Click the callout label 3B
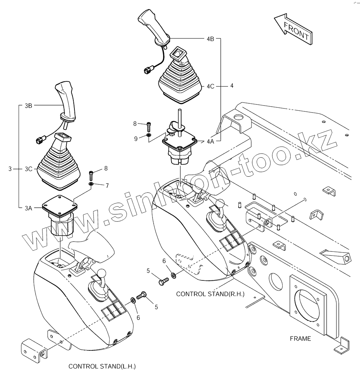(x=29, y=106)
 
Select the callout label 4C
(x=210, y=87)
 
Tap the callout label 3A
(x=29, y=208)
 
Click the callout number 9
(x=135, y=139)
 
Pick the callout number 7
(x=107, y=186)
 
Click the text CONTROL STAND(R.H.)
(x=210, y=294)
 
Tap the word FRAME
(x=300, y=339)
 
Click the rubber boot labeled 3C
(x=59, y=165)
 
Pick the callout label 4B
(x=210, y=38)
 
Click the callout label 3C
(x=29, y=169)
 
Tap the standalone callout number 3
(x=10, y=169)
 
